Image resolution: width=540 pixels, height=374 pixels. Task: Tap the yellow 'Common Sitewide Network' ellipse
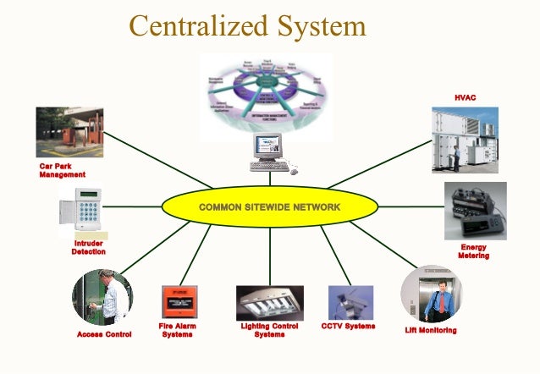269,207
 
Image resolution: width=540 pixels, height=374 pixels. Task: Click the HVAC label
465,98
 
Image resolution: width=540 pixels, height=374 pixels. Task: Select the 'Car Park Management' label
62,170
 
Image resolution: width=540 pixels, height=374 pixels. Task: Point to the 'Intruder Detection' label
88,247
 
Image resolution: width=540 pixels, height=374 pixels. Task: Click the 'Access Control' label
104,334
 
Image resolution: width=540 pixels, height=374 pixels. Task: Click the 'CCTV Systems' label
348,326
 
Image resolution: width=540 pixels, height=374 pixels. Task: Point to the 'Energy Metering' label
473,251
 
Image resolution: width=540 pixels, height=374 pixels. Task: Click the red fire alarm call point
179,302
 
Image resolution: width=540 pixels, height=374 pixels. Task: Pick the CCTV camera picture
350,302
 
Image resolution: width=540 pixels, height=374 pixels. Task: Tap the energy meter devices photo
475,211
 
